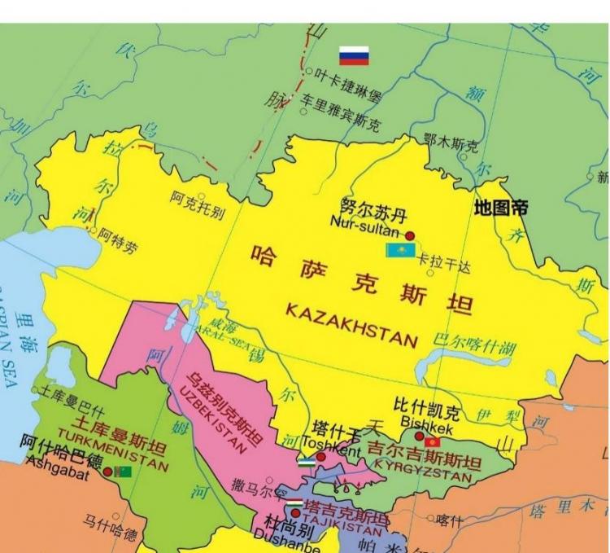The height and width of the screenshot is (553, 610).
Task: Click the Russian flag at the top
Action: (354, 55)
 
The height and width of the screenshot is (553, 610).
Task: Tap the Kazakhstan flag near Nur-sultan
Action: (400, 249)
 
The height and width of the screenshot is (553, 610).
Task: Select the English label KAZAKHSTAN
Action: (351, 325)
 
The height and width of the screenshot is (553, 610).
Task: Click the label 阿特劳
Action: (118, 239)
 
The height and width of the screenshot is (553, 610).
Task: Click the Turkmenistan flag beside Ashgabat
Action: (122, 472)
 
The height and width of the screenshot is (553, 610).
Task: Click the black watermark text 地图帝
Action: (500, 208)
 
